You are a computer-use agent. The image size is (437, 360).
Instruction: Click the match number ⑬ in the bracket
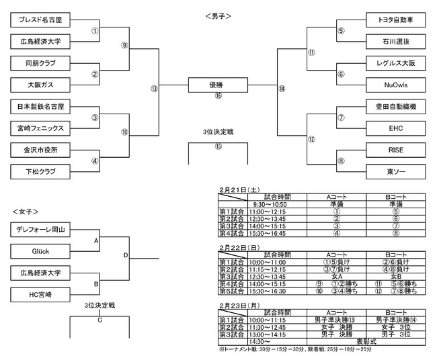[x=154, y=88]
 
